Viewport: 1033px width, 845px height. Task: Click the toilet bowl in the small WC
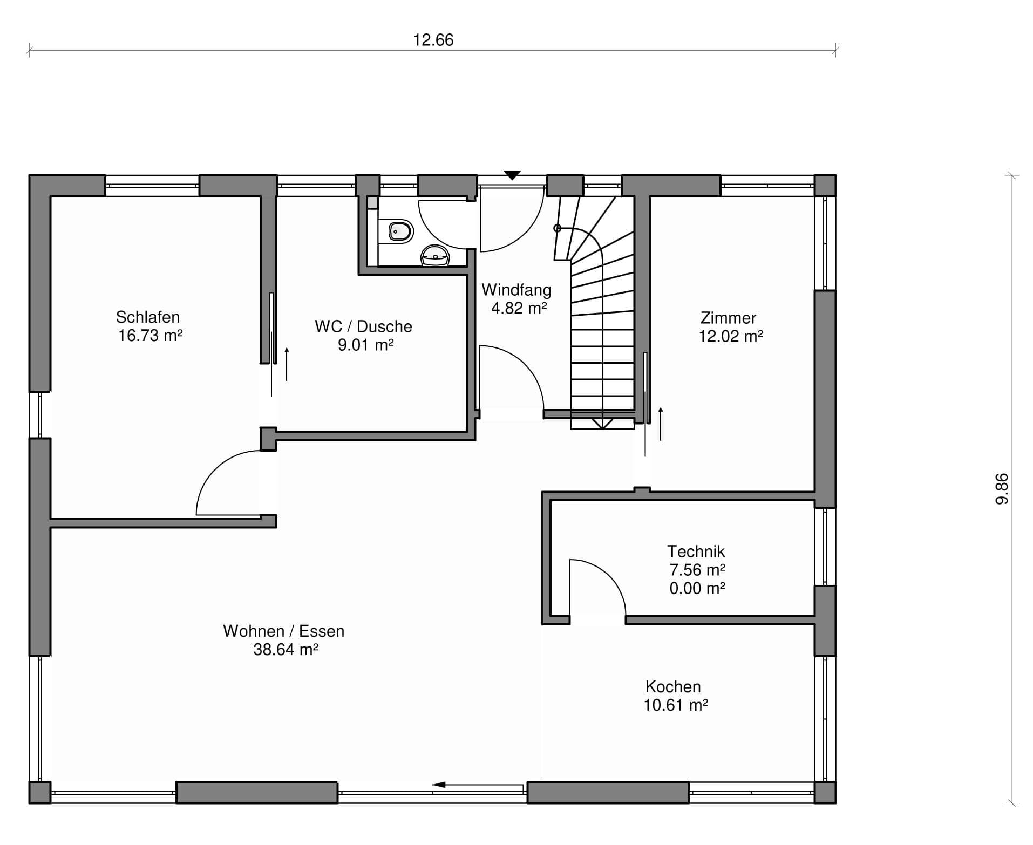pyautogui.click(x=400, y=231)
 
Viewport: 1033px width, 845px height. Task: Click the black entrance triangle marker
pyautogui.click(x=512, y=175)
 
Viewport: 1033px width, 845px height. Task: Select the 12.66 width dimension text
pyautogui.click(x=433, y=40)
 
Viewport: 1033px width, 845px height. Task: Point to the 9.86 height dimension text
pyautogui.click(x=1002, y=489)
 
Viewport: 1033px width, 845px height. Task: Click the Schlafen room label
pyautogui.click(x=148, y=317)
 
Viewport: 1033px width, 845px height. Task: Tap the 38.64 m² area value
pyautogui.click(x=286, y=649)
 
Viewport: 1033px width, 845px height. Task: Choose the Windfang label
pyautogui.click(x=516, y=290)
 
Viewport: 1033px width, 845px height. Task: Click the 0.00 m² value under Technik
pyautogui.click(x=697, y=588)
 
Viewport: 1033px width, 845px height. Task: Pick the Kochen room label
pyautogui.click(x=673, y=686)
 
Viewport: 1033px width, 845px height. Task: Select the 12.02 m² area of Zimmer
pyautogui.click(x=731, y=336)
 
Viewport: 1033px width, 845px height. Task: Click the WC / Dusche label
pyautogui.click(x=364, y=326)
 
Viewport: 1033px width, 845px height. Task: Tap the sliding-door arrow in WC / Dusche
pyautogui.click(x=287, y=364)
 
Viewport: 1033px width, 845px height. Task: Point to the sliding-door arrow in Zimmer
pyautogui.click(x=661, y=424)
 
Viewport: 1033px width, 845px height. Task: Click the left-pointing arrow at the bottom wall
pyautogui.click(x=478, y=785)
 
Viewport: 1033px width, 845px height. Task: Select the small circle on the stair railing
pyautogui.click(x=558, y=228)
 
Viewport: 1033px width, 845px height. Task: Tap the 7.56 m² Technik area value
pyautogui.click(x=697, y=570)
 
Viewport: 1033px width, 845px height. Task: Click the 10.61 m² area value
pyautogui.click(x=676, y=705)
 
